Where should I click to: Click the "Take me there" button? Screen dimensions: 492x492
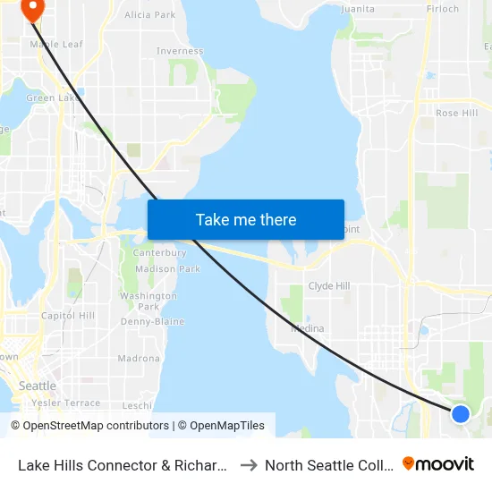[x=246, y=220]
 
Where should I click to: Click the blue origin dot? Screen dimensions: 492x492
[x=461, y=413]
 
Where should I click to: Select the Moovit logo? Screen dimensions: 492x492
[x=438, y=464]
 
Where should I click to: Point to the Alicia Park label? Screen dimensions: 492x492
[x=150, y=15]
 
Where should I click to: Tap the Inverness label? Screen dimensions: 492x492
[x=180, y=51]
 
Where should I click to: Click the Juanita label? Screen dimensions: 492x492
[x=358, y=9]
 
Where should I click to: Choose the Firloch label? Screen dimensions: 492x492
[x=442, y=9]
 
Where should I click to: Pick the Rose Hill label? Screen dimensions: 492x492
[x=456, y=114]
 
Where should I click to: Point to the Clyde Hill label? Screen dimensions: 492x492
[x=328, y=286]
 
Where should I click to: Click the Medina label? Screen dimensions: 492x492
[x=307, y=328]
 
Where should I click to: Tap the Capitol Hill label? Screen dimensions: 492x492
[x=68, y=316]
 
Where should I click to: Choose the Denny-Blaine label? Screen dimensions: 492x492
[x=152, y=321]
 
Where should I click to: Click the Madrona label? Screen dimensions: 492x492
[x=139, y=359]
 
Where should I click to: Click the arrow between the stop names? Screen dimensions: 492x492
[x=250, y=464]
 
